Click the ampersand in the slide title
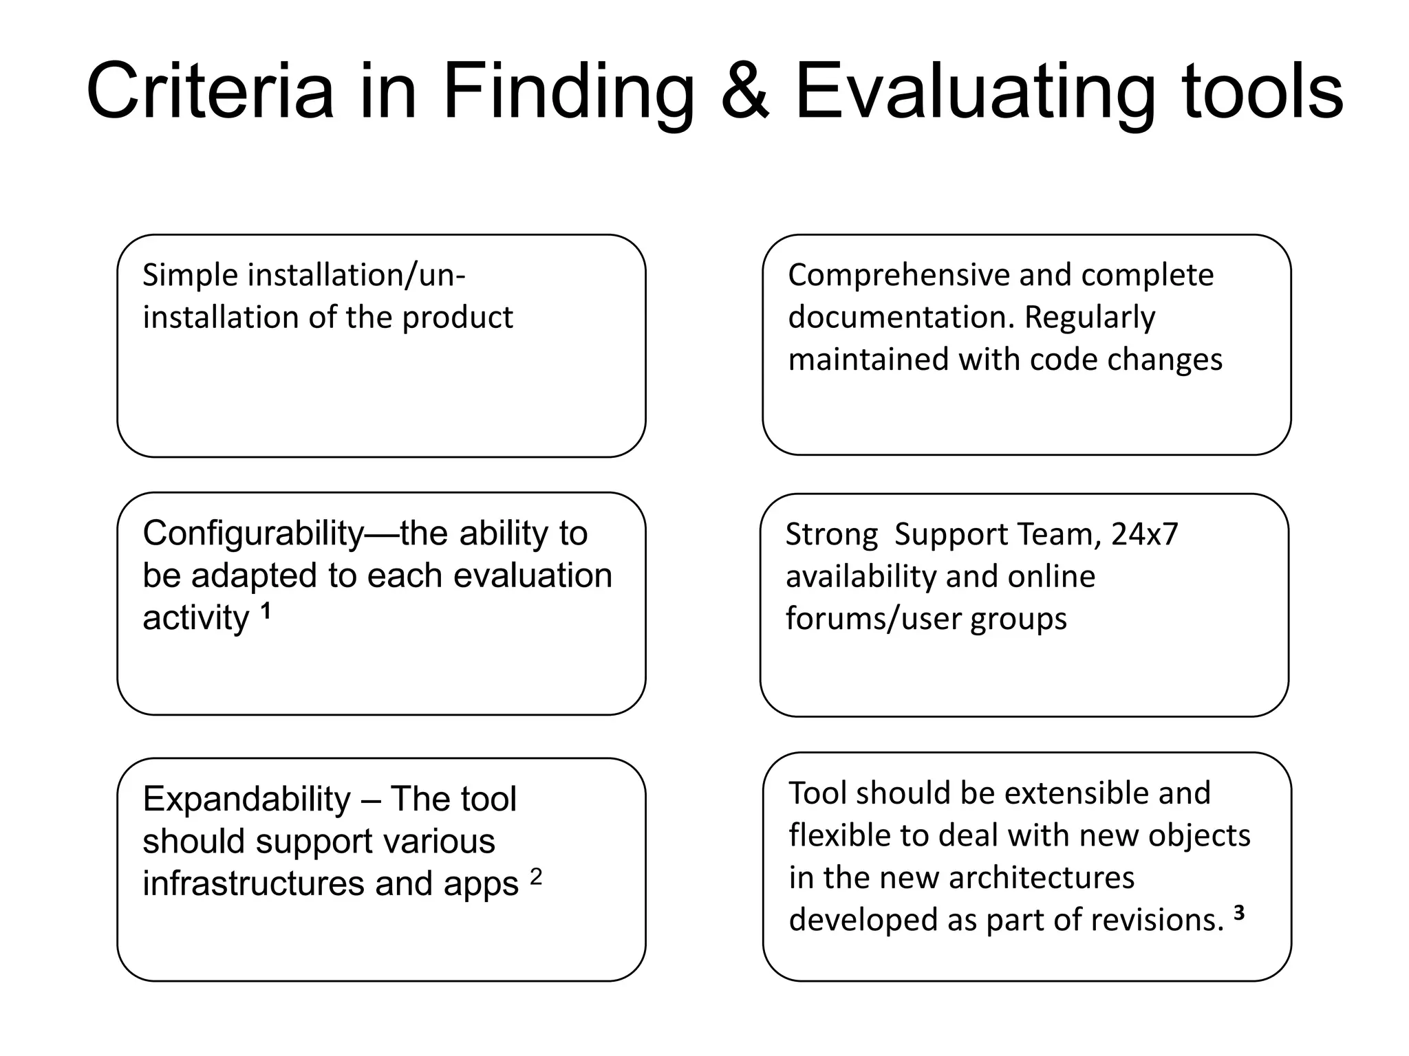coord(744,92)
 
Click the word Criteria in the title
coord(210,92)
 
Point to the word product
coord(458,318)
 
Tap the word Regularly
coord(1090,318)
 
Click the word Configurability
coord(253,534)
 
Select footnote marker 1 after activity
coord(266,611)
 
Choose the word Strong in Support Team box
coord(832,534)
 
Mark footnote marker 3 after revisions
coord(1238,913)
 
